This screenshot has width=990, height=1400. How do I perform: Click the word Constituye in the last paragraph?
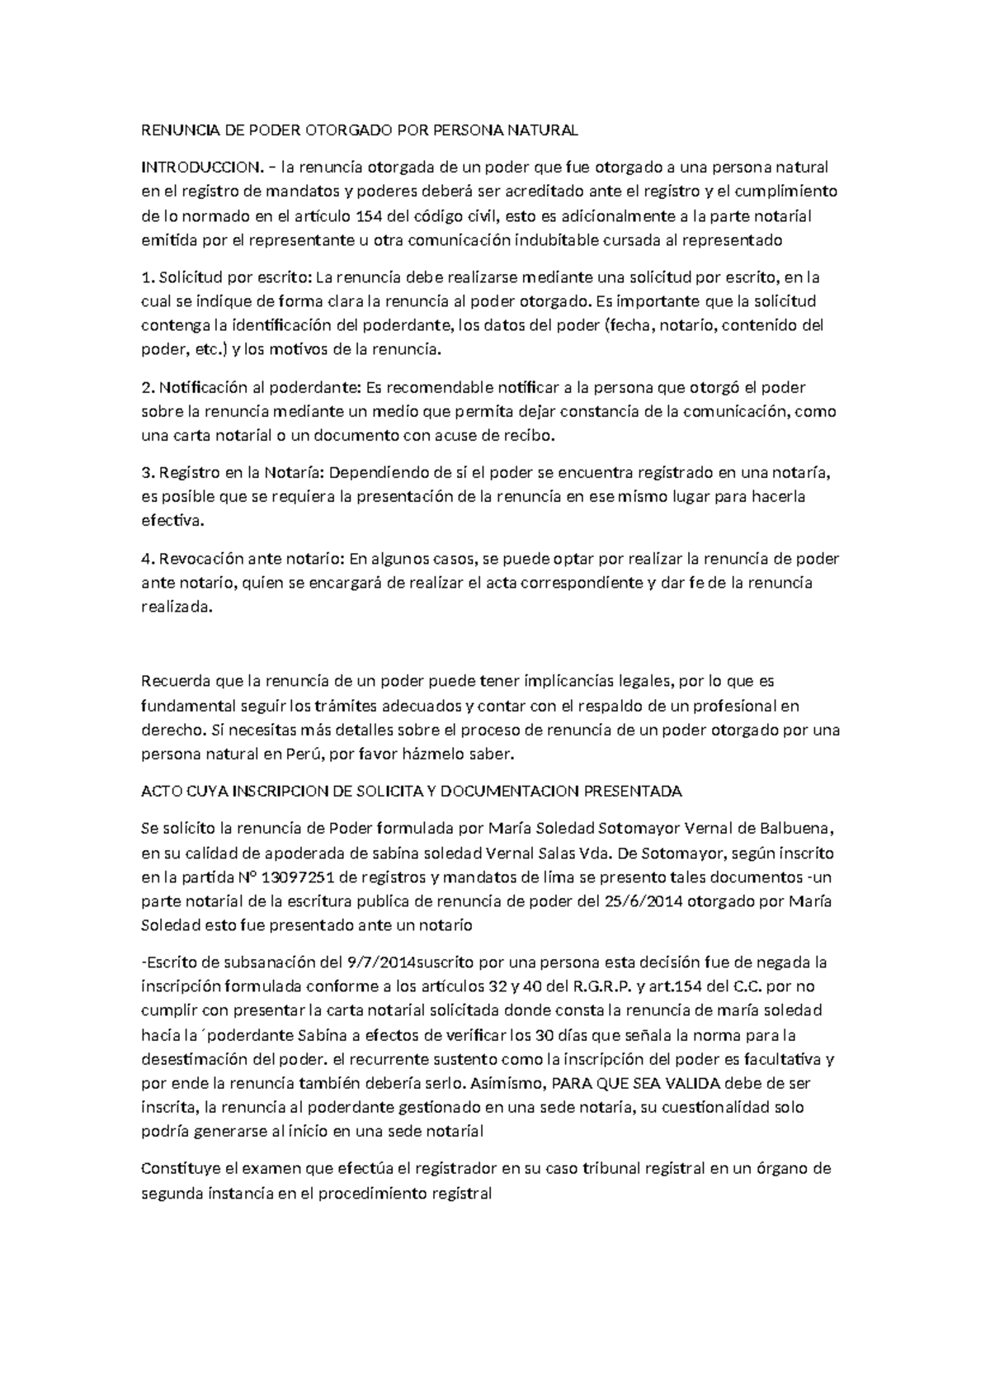(x=180, y=1169)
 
